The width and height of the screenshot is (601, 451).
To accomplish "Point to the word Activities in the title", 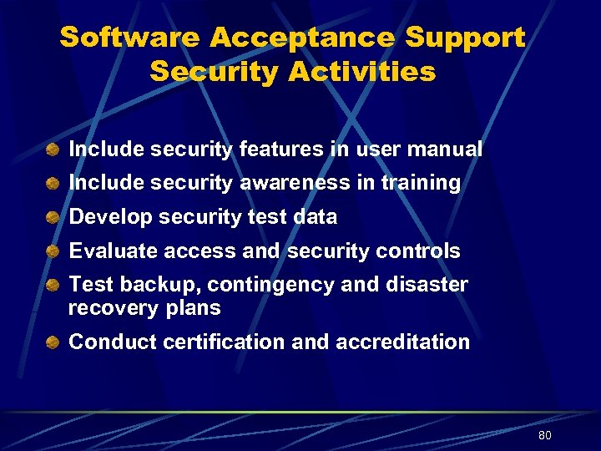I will pyautogui.click(x=362, y=72).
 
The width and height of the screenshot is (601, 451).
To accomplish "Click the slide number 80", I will pyautogui.click(x=545, y=436).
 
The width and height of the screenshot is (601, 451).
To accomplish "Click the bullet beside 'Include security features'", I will pyautogui.click(x=53, y=150).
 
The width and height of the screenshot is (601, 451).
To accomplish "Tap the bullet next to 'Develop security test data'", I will pyautogui.click(x=53, y=217).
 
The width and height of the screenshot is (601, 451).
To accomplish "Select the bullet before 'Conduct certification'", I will pyautogui.click(x=53, y=342).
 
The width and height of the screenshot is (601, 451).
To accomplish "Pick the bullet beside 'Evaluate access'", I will pyautogui.click(x=53, y=251).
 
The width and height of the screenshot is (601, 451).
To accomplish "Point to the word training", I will pyautogui.click(x=421, y=183).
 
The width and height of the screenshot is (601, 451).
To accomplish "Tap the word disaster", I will pyautogui.click(x=427, y=285).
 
